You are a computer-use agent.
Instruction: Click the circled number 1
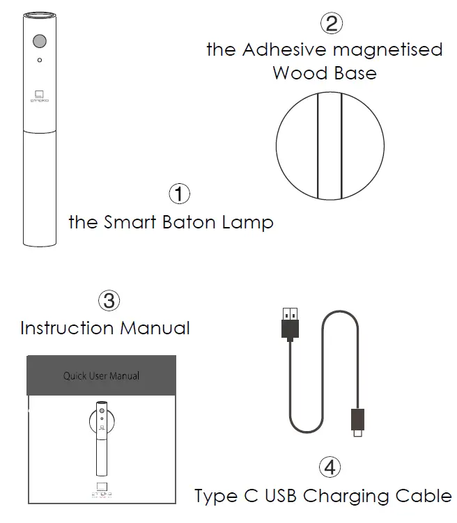click(x=180, y=193)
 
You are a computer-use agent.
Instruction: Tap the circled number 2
click(x=331, y=23)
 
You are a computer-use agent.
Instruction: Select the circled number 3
click(x=109, y=300)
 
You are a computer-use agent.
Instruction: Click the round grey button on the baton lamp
click(x=40, y=41)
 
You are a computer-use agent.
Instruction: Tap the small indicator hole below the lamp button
click(x=40, y=61)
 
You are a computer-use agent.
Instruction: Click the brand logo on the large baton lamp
click(x=39, y=97)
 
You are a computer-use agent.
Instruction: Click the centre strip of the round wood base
click(x=330, y=146)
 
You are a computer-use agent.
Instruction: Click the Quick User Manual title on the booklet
click(x=101, y=375)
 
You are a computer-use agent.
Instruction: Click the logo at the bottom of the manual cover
click(x=101, y=489)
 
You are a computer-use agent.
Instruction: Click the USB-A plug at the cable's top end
click(x=290, y=322)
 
